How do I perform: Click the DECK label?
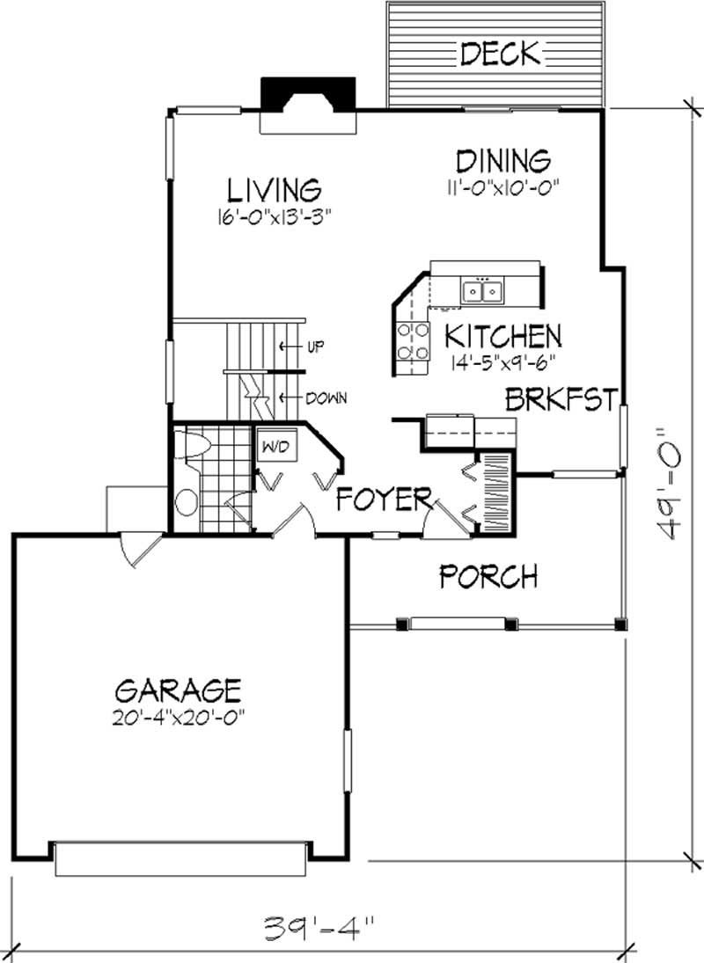499,55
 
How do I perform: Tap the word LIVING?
274,190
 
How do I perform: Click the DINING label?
502,161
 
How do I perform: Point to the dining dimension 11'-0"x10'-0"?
502,186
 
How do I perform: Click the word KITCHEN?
502,335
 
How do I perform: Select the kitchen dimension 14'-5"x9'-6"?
502,360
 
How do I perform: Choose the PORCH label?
488,577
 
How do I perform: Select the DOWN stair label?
326,398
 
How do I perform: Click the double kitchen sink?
481,289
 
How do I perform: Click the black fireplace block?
305,91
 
